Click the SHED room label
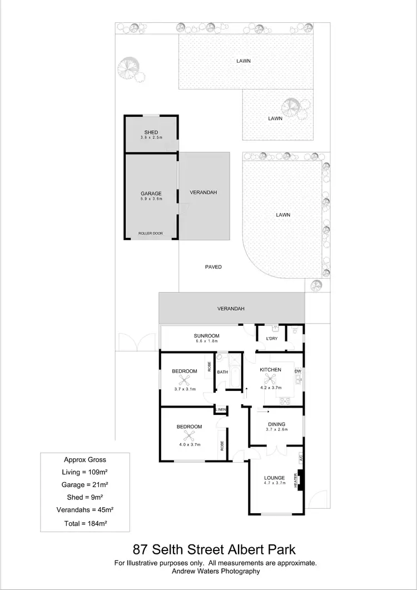click(x=151, y=132)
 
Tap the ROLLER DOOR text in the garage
click(x=151, y=234)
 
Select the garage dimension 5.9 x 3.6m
click(x=151, y=199)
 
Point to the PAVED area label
click(x=214, y=267)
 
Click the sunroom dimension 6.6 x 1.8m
click(x=206, y=341)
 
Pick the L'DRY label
click(x=272, y=338)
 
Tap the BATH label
click(x=222, y=372)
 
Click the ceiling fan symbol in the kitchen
click(x=271, y=379)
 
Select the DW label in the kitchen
click(x=297, y=371)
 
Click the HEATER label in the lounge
click(x=296, y=480)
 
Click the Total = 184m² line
click(x=85, y=523)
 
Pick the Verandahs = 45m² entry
click(x=85, y=510)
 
